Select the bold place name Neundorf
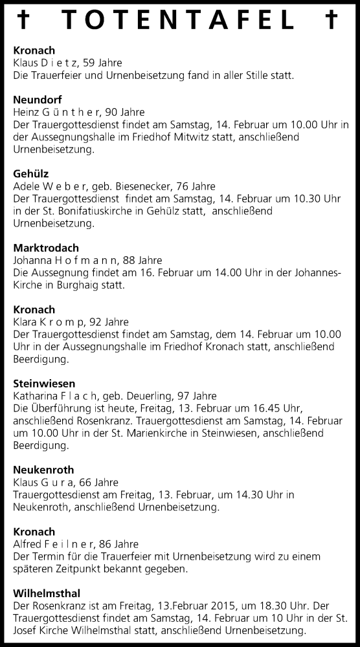pyautogui.click(x=34, y=100)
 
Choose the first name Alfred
pyautogui.click(x=27, y=543)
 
